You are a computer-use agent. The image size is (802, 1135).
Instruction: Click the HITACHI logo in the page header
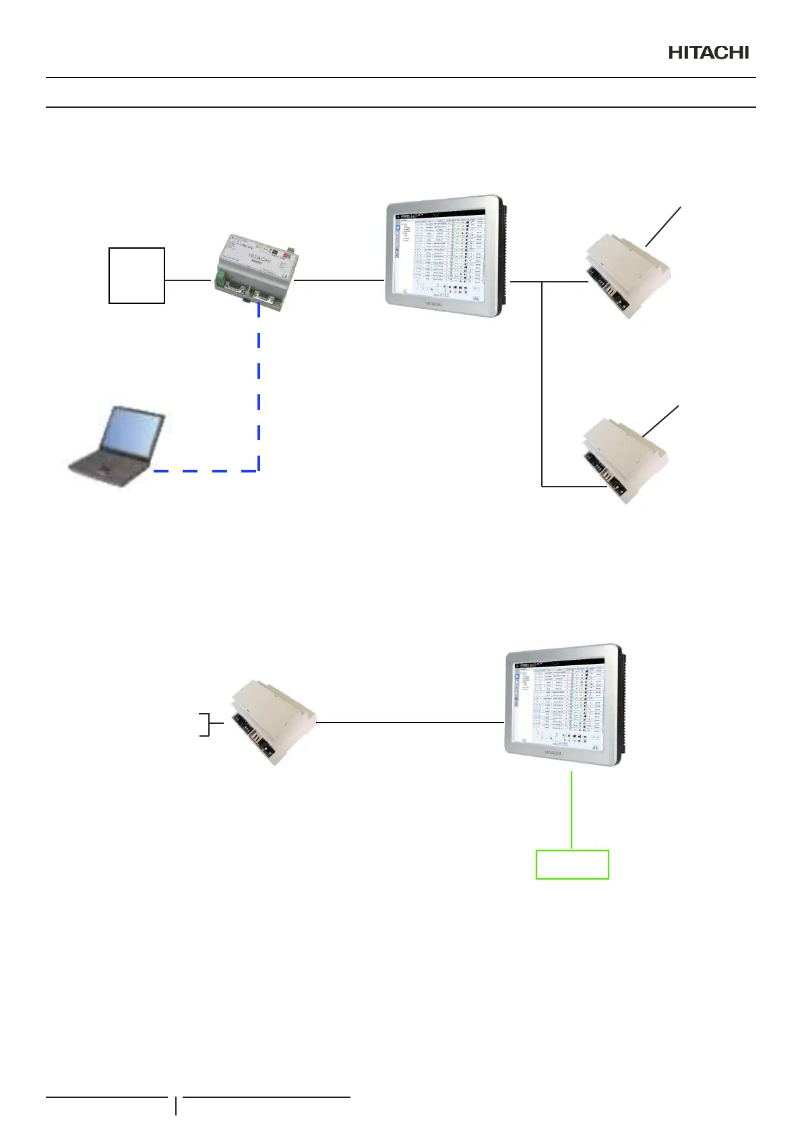click(x=708, y=53)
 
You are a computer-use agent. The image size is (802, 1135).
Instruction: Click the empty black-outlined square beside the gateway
click(x=137, y=275)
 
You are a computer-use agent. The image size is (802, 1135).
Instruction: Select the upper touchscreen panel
click(x=443, y=256)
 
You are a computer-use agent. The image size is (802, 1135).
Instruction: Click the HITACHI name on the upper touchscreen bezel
click(x=433, y=304)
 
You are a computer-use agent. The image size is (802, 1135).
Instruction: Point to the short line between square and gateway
click(x=187, y=280)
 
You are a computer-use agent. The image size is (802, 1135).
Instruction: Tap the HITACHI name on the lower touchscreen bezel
click(x=552, y=753)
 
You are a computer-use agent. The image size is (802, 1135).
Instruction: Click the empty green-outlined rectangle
click(x=572, y=865)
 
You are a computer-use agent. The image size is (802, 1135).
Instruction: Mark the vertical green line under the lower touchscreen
click(x=572, y=809)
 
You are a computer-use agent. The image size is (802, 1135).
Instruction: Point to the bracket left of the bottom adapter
click(x=209, y=723)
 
